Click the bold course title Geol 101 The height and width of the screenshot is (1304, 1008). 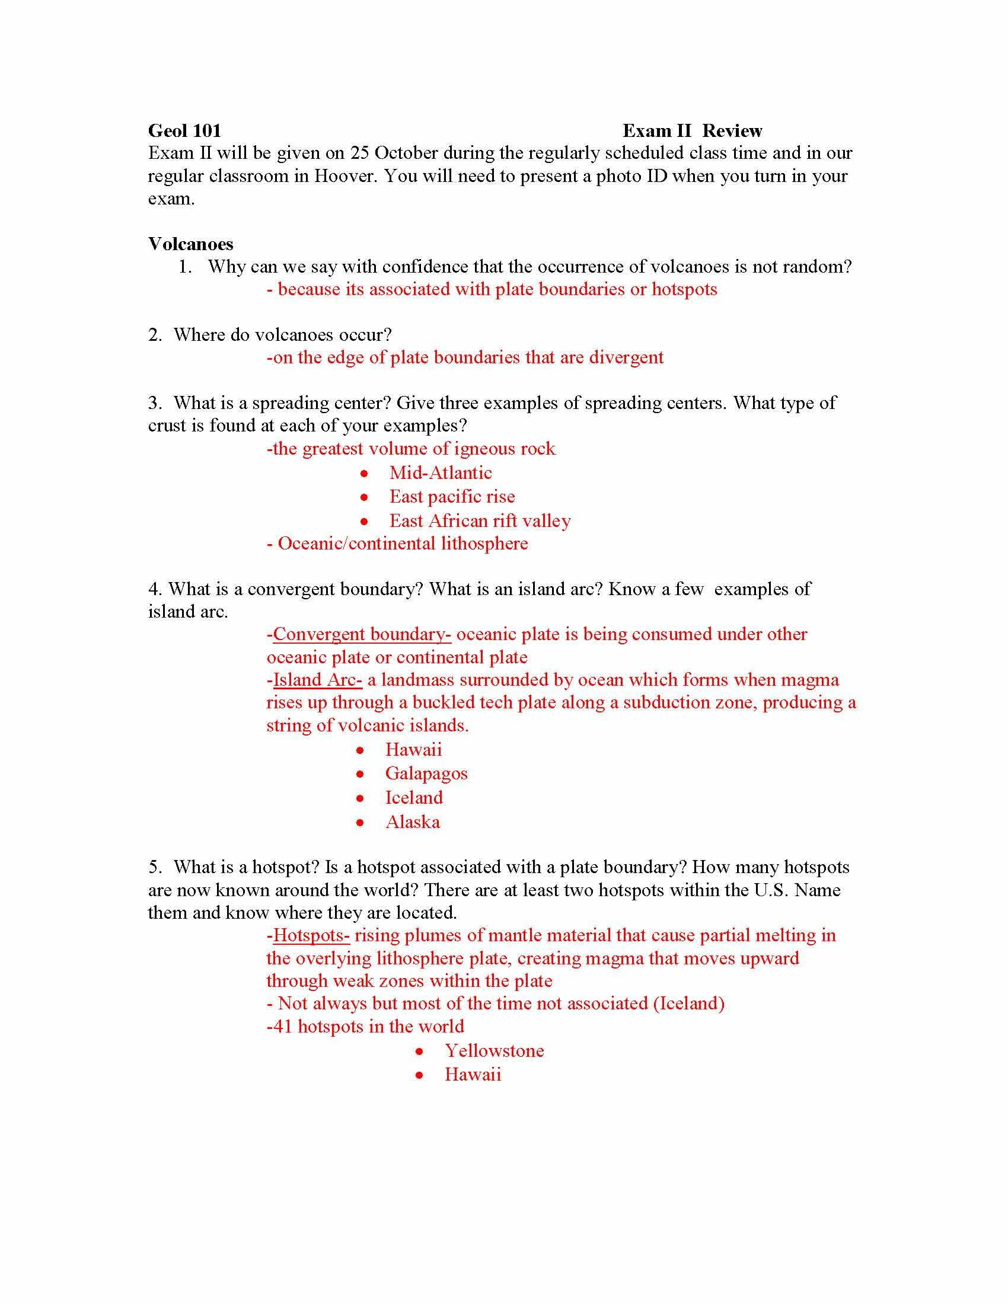pos(184,131)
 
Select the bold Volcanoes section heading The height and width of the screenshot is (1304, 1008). pos(190,244)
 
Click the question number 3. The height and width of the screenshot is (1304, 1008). pos(155,403)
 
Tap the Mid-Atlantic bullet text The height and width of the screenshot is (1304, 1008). pos(441,473)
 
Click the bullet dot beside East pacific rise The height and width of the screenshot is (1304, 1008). pos(364,497)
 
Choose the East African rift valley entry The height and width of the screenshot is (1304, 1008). pos(480,521)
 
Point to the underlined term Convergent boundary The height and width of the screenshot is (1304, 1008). pos(362,634)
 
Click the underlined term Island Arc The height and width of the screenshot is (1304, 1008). pos(318,680)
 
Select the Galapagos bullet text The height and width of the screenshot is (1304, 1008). pos(426,774)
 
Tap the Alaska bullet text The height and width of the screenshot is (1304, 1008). pos(413,822)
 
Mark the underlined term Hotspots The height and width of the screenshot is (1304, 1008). pos(311,935)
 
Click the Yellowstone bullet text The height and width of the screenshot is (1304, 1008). pos(495,1051)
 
